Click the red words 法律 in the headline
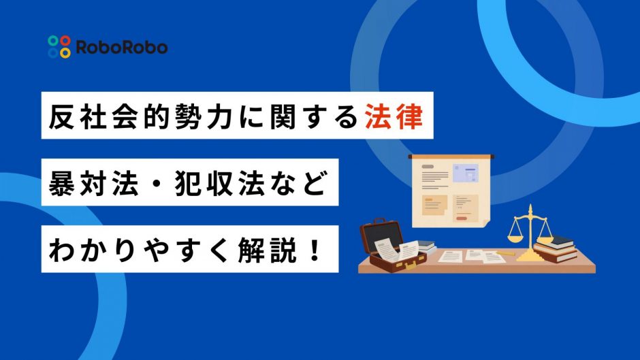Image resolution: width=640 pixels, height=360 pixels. (x=394, y=116)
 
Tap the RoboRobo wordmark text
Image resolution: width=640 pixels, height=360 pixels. (x=122, y=48)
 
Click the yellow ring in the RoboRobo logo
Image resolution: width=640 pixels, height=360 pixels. (x=65, y=52)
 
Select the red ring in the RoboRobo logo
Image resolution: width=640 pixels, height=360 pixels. (x=65, y=41)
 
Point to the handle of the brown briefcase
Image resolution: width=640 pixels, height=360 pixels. (x=380, y=221)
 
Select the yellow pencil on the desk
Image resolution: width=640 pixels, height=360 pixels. (x=505, y=253)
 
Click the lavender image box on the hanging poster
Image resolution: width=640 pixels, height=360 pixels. (x=465, y=173)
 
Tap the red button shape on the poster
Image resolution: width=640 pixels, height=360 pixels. (x=462, y=218)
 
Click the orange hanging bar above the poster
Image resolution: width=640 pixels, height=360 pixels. (x=451, y=157)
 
